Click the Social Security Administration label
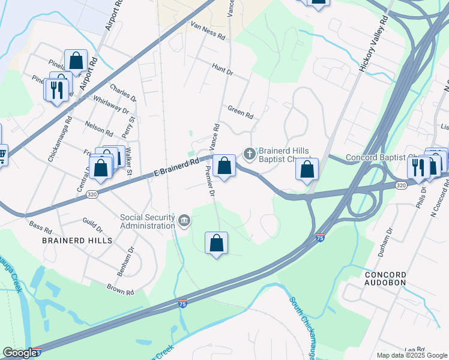coord(148,221)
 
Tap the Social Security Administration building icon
coord(184,222)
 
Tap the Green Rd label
coord(241,112)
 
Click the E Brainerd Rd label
coord(176,166)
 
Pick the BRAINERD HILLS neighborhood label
coord(77,240)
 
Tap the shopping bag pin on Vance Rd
coord(224,166)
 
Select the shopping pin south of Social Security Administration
coord(217,244)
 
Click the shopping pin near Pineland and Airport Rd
coord(76,61)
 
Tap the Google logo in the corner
coord(20,353)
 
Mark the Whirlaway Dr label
coord(112,106)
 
